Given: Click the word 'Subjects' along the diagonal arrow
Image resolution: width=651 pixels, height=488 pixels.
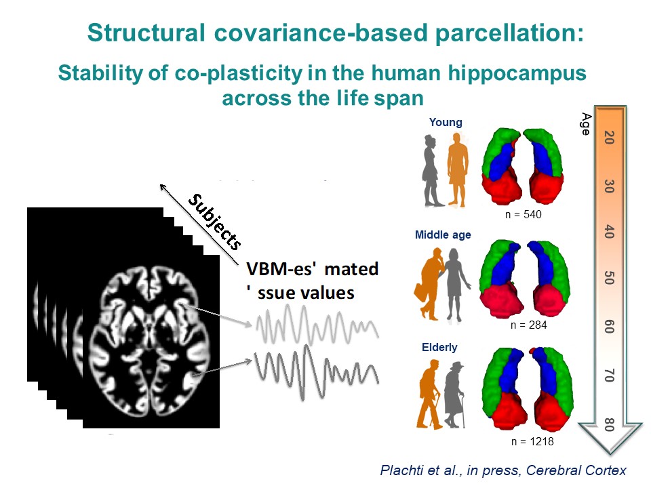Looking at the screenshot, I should pyautogui.click(x=216, y=220).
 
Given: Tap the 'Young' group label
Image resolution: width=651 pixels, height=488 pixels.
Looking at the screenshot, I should pyautogui.click(x=446, y=123).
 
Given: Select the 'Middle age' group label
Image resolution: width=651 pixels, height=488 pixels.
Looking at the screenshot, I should pyautogui.click(x=443, y=235).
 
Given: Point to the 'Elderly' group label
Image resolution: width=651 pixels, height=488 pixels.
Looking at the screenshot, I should pyautogui.click(x=439, y=347).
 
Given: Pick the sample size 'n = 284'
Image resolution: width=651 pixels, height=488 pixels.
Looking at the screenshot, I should pyautogui.click(x=529, y=325).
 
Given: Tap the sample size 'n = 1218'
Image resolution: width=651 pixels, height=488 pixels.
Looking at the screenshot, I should pyautogui.click(x=528, y=441).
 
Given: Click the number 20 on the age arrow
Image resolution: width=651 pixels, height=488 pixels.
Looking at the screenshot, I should pyautogui.click(x=608, y=138).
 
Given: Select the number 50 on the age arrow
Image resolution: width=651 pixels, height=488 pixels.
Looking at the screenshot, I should pyautogui.click(x=608, y=278).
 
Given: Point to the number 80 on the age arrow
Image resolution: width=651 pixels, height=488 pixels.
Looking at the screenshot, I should pyautogui.click(x=608, y=425).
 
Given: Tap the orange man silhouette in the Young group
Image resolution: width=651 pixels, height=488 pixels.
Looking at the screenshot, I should pyautogui.click(x=458, y=169).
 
